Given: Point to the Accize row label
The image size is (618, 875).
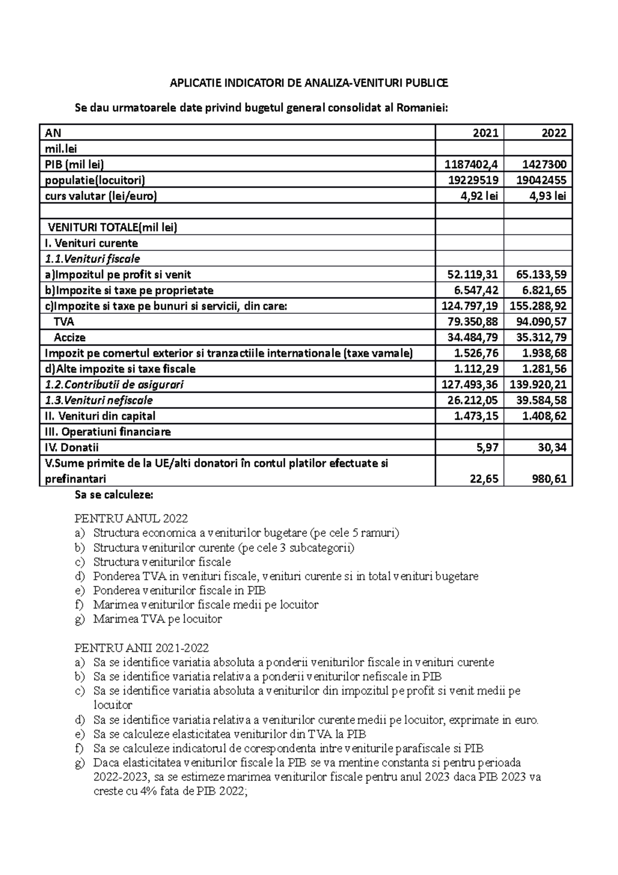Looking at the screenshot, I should coord(70,338).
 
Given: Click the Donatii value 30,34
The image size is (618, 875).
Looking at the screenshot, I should coord(552,448).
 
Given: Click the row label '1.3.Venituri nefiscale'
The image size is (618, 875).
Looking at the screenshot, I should coord(99,400).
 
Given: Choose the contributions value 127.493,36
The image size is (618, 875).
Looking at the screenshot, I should coord(470,385).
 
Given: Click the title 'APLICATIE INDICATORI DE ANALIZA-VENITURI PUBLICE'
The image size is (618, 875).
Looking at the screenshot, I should coord(309,83).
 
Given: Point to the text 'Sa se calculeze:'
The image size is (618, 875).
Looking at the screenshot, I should coord(114,496).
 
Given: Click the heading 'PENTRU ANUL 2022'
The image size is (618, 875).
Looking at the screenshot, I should coord(131,518).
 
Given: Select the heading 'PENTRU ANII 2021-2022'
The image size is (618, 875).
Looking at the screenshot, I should coord(142,648).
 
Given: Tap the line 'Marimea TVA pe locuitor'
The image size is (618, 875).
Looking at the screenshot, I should coord(158,619).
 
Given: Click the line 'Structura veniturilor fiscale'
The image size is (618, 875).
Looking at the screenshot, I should coord(162,562).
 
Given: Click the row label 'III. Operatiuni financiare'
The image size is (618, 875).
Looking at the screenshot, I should coord(108,432).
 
